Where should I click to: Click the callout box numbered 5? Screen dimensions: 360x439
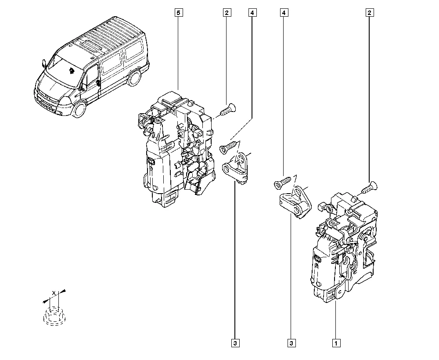coord(178,13)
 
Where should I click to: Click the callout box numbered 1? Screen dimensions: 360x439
coord(336,342)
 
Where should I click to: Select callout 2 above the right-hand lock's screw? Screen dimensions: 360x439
coord(369,13)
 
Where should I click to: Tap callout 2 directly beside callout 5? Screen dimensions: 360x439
coord(227,13)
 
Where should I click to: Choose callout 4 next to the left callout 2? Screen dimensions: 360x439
coord(252,13)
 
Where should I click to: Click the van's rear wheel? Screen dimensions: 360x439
coord(135,78)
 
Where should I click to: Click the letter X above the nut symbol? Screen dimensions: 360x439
coord(54,293)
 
